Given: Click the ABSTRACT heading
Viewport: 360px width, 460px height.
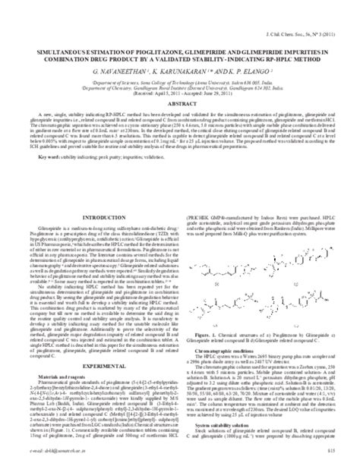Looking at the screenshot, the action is coord(179,124).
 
